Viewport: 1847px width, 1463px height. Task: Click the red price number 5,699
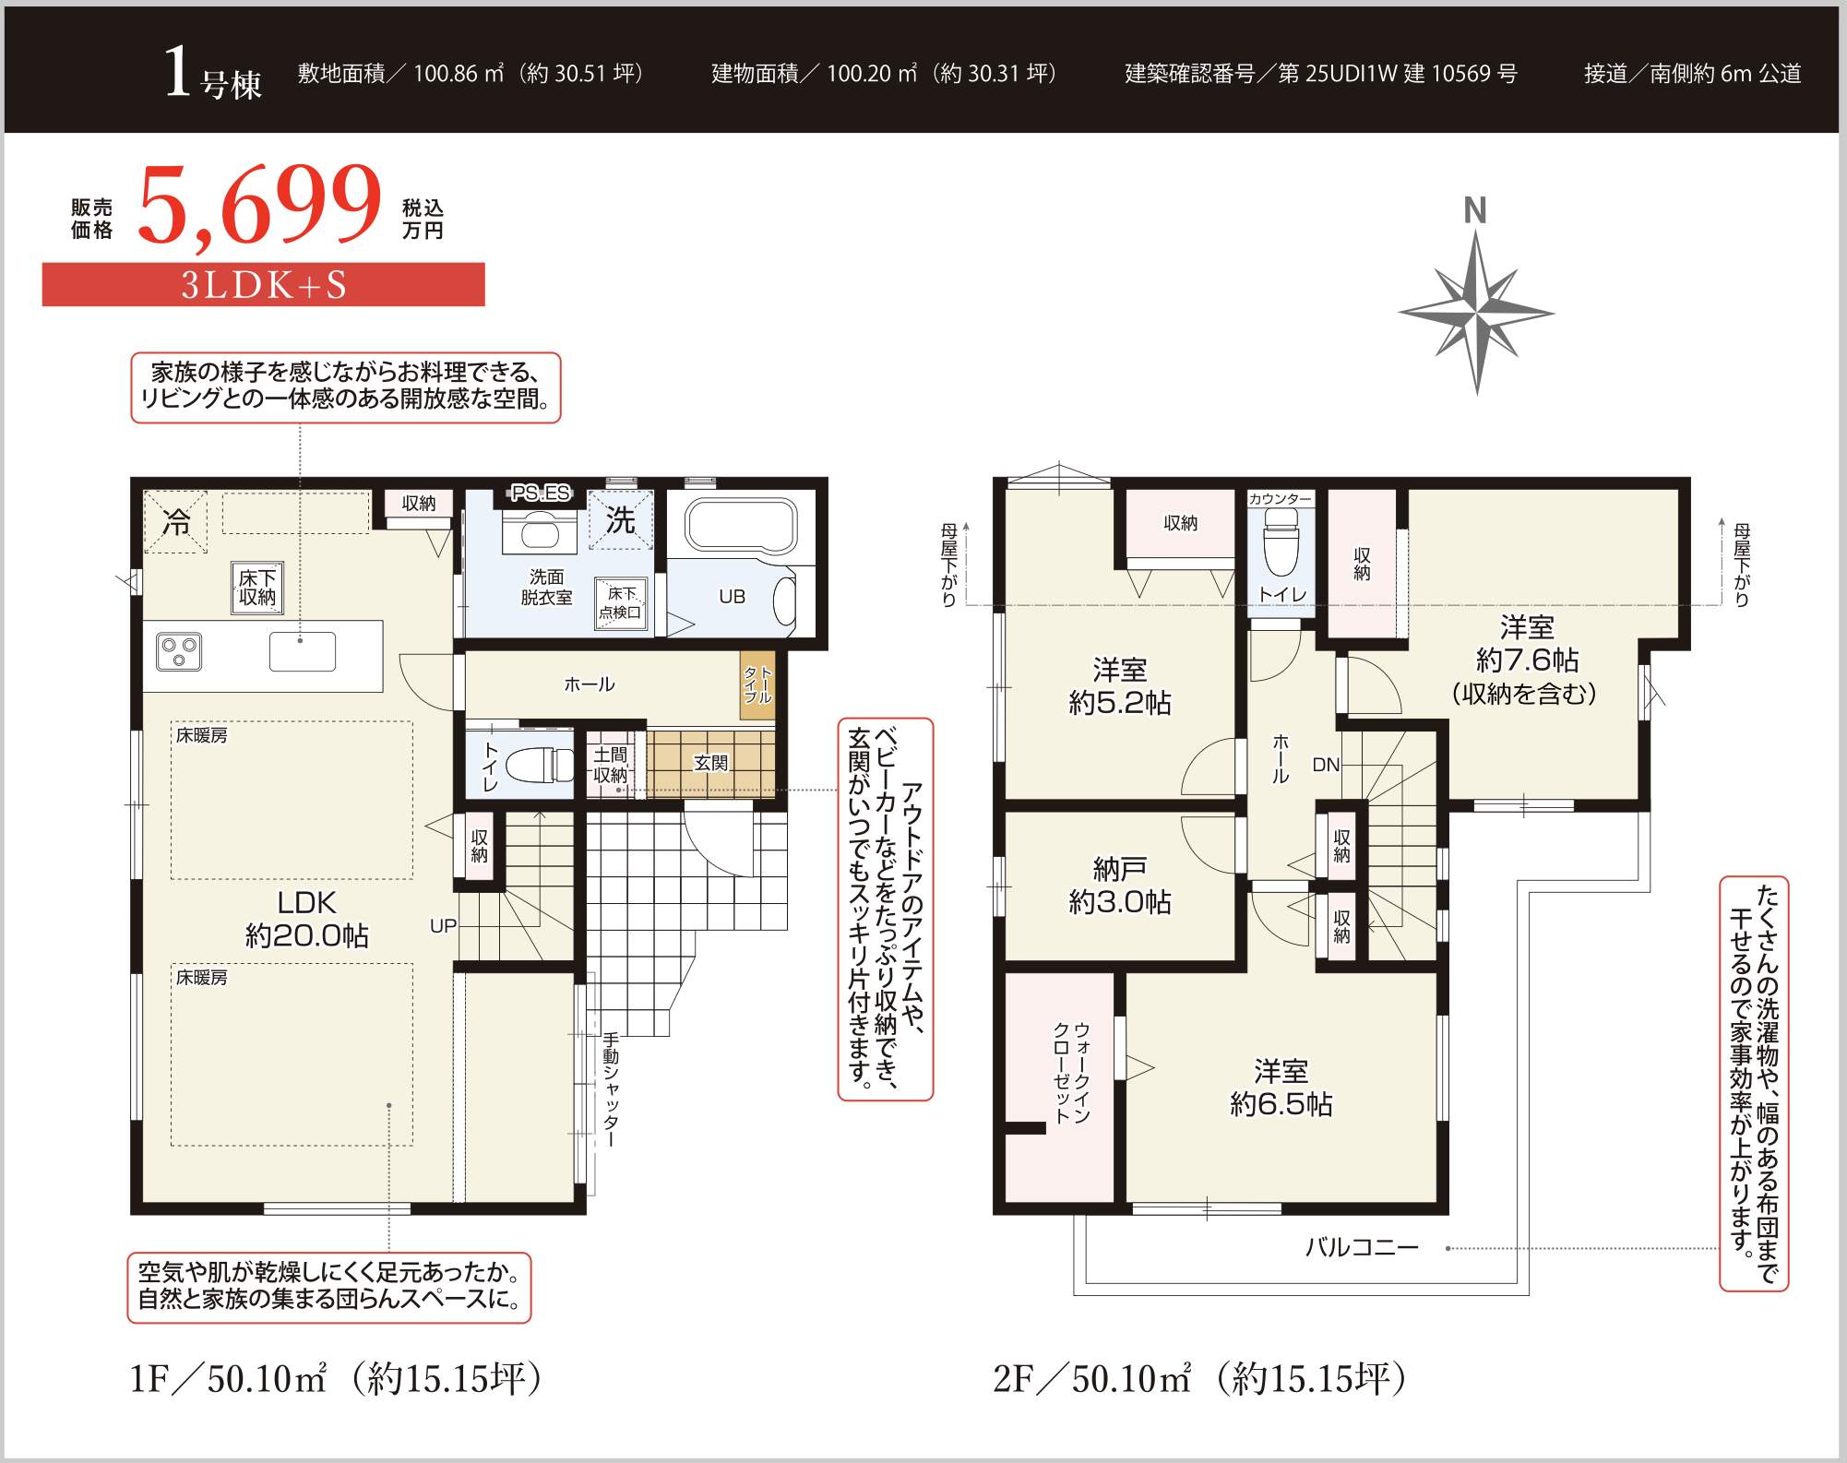pos(259,205)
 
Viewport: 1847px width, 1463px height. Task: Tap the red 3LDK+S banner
pos(264,284)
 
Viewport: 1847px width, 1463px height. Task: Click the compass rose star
pos(1476,313)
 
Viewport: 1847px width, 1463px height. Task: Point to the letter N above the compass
pos(1475,210)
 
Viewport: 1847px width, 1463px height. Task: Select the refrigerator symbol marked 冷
pos(175,522)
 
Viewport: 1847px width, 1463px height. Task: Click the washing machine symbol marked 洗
pos(620,520)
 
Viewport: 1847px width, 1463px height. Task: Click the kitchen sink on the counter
pos(303,651)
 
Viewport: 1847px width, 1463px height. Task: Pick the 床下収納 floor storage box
pos(257,588)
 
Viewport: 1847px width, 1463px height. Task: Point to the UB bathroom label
pos(732,597)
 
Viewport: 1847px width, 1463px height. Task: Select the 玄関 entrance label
pos(711,763)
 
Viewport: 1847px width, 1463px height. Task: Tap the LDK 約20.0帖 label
pos(307,919)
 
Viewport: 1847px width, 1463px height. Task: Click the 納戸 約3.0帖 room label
pos(1120,885)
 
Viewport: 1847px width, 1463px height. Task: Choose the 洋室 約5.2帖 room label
pos(1120,685)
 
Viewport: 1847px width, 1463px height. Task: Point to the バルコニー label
pos(1362,1247)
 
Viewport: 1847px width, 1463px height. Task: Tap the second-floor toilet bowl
pos(1281,546)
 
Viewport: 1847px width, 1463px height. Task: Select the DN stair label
pos(1326,765)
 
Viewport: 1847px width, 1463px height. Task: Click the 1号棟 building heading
pos(212,74)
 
